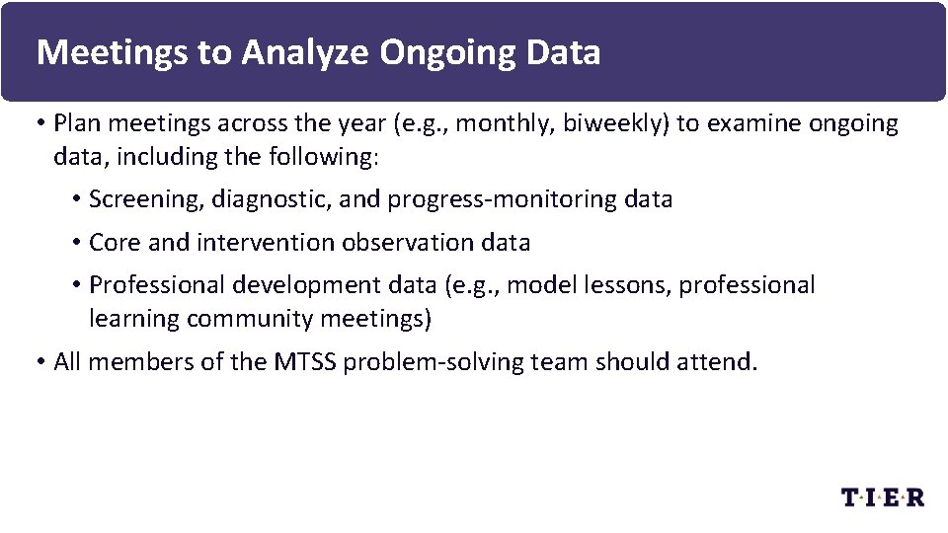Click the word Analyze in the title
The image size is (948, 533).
[303, 52]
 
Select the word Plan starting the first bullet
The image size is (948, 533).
[74, 123]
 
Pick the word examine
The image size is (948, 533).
[754, 123]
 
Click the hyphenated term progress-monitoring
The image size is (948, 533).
[504, 199]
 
